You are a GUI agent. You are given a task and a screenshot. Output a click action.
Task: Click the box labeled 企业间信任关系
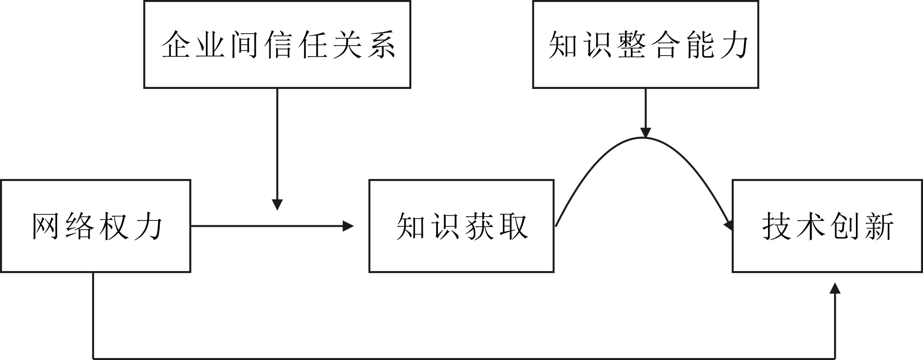(x=277, y=44)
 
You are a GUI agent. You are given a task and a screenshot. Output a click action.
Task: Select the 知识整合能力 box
(x=645, y=44)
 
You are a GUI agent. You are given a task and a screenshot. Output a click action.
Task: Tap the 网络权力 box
(x=96, y=226)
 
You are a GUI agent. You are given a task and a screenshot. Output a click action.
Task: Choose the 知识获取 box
(x=461, y=226)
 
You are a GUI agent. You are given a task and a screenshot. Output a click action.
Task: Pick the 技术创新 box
(x=827, y=226)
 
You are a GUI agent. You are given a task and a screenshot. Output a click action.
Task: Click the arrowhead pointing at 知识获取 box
(x=348, y=226)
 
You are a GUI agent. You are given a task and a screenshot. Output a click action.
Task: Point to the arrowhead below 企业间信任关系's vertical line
(x=277, y=204)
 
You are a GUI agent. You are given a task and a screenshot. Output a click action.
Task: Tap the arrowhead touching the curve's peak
(x=645, y=133)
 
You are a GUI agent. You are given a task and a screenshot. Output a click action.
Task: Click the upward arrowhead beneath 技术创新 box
(x=835, y=288)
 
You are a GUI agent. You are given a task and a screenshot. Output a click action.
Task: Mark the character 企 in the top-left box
(x=176, y=45)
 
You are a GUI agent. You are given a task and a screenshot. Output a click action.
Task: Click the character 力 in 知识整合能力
(x=734, y=45)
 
